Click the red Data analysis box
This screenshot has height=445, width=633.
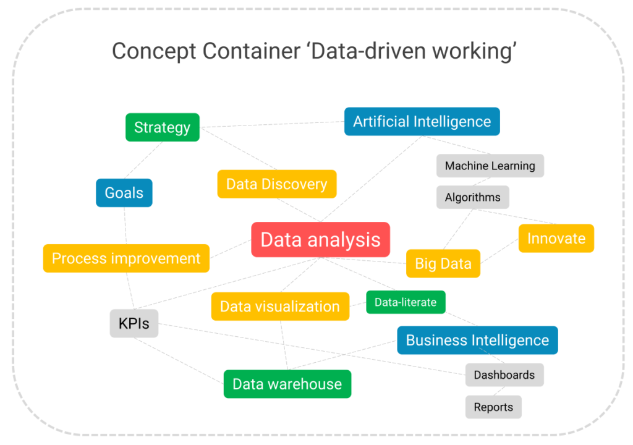(x=320, y=240)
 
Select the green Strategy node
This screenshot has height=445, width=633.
(x=162, y=127)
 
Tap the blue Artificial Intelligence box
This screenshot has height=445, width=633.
(x=422, y=122)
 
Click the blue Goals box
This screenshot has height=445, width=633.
(x=124, y=193)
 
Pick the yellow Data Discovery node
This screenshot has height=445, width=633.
(x=276, y=184)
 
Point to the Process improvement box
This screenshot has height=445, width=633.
(x=126, y=258)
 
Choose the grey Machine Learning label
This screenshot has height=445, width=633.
(x=490, y=166)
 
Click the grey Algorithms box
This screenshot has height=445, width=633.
(x=472, y=198)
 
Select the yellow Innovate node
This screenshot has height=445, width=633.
(x=556, y=239)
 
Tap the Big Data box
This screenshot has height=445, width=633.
(x=443, y=264)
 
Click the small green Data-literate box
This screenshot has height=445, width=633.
(x=405, y=302)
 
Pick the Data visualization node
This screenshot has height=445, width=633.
(x=279, y=307)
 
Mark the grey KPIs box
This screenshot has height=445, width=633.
(x=134, y=323)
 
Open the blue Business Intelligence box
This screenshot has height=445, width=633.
(x=477, y=341)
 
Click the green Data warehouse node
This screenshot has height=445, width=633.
(x=287, y=384)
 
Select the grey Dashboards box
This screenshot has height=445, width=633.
(x=504, y=375)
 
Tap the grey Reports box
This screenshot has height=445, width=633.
(x=493, y=407)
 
